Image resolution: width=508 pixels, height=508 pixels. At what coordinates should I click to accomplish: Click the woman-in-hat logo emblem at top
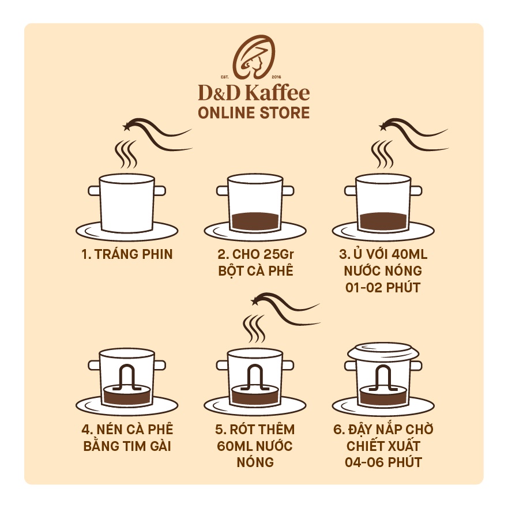(x=254, y=56)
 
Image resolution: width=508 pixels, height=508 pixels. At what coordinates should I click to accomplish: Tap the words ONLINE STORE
(x=254, y=112)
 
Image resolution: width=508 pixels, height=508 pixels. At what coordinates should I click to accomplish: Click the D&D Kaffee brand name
(x=254, y=93)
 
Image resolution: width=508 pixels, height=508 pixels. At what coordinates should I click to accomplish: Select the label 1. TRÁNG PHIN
(x=127, y=254)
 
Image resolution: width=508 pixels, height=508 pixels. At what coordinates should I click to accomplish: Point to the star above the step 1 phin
(x=126, y=125)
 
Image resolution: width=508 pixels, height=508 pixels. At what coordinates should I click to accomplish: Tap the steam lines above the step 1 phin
(x=126, y=153)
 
